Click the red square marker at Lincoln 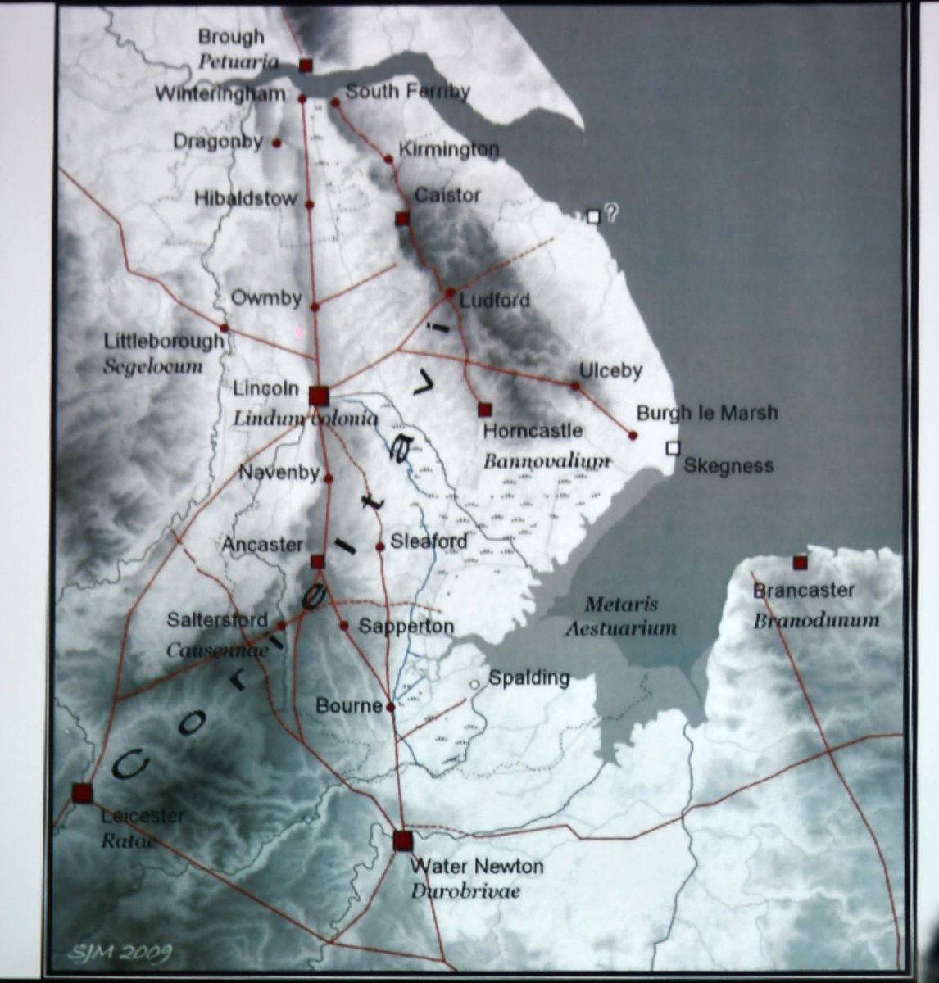(319, 396)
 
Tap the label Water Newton (476, 866)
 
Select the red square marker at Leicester (82, 793)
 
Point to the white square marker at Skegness (673, 447)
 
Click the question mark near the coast (610, 212)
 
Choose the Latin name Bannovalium (547, 461)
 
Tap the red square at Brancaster (800, 562)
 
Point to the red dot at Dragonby (276, 143)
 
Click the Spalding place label (528, 678)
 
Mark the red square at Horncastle (484, 409)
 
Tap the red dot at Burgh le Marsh (633, 435)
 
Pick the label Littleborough (164, 341)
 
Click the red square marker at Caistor (401, 219)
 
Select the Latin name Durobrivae (465, 891)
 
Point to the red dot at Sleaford (380, 546)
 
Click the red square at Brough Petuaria (306, 65)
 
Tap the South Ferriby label (407, 92)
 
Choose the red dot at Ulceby (575, 386)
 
